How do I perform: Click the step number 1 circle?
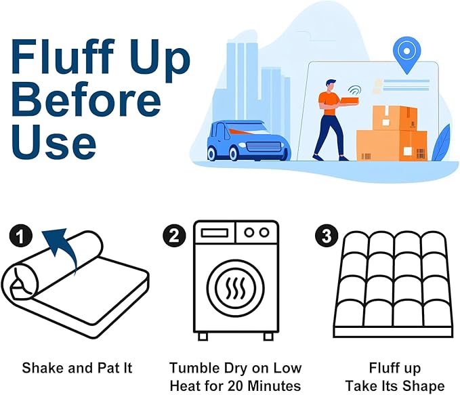[x=22, y=236]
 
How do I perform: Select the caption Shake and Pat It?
[x=77, y=369]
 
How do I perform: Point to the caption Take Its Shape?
[x=394, y=386]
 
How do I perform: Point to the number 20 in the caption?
[x=251, y=386]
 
